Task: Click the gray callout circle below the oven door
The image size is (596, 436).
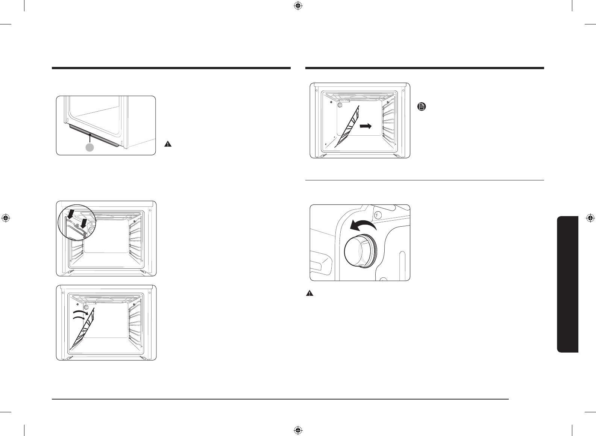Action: click(x=89, y=148)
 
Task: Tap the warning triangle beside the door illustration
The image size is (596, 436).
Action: click(x=168, y=144)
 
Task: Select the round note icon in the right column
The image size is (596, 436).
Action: click(x=422, y=107)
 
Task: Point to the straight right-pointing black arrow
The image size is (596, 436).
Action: click(x=365, y=126)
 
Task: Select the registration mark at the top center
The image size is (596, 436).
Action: click(x=298, y=6)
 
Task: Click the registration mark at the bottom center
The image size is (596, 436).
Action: click(x=298, y=430)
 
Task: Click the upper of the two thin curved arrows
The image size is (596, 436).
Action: click(x=80, y=312)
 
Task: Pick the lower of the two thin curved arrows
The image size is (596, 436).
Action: click(x=79, y=319)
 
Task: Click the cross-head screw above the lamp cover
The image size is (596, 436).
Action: click(x=379, y=215)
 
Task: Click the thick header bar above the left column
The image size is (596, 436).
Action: click(x=171, y=68)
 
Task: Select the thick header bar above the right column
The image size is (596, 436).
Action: click(x=425, y=68)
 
